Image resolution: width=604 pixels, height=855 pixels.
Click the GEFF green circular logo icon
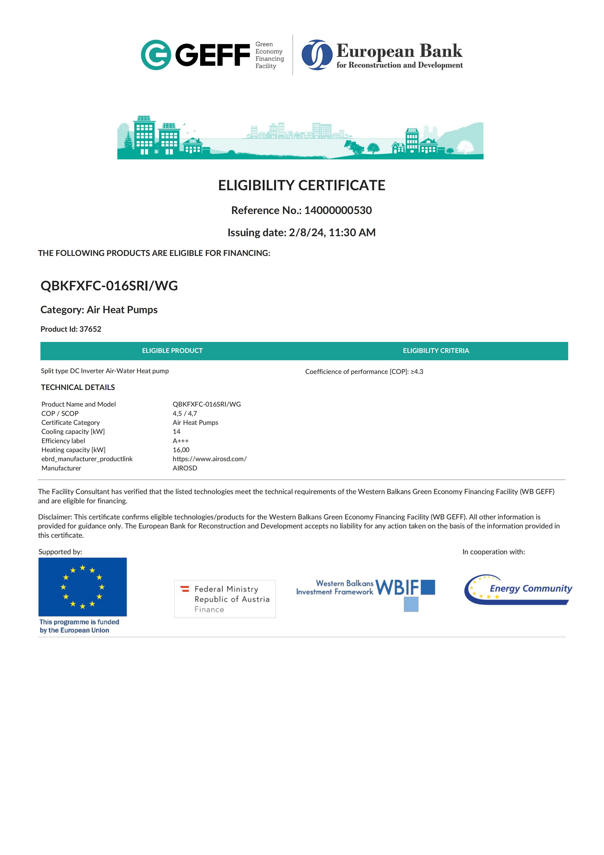(x=155, y=55)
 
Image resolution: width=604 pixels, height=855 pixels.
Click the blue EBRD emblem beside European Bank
(x=317, y=55)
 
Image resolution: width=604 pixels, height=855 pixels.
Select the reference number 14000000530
(x=338, y=210)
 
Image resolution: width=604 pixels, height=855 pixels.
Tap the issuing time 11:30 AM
(x=352, y=232)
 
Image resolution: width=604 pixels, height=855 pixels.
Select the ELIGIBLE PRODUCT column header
(x=172, y=351)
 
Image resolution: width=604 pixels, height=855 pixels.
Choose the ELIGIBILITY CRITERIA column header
(x=436, y=351)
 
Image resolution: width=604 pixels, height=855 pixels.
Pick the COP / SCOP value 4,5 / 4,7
(x=185, y=413)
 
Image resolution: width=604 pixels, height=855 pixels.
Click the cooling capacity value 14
(x=176, y=432)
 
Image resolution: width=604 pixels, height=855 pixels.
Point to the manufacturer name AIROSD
(x=185, y=468)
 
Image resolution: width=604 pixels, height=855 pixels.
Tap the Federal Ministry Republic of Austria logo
(x=225, y=599)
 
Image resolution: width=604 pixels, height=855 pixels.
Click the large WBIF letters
(x=397, y=588)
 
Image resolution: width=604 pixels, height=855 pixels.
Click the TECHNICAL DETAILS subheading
(x=78, y=387)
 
